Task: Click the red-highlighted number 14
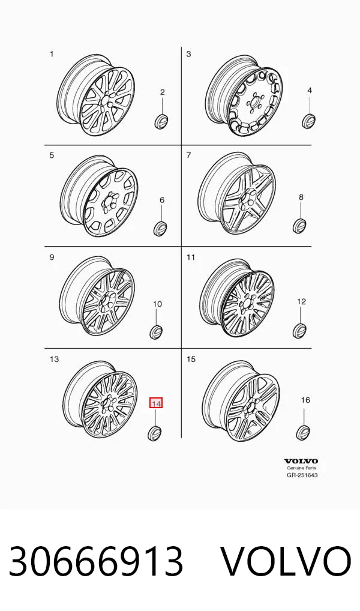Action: (x=156, y=403)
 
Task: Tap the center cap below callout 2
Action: (x=161, y=121)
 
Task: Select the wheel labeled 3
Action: (x=244, y=96)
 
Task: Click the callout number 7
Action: (x=188, y=155)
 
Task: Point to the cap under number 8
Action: (x=299, y=226)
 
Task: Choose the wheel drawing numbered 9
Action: (x=98, y=296)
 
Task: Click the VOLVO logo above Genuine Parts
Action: (x=301, y=462)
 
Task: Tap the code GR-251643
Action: (x=302, y=475)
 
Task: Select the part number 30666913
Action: (x=96, y=561)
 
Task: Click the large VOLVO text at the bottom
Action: (x=286, y=561)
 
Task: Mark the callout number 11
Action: (x=191, y=257)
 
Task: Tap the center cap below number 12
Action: (x=299, y=331)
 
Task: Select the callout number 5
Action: (x=52, y=155)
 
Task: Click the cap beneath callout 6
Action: (x=160, y=228)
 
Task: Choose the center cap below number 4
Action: (x=308, y=121)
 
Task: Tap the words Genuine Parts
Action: (x=302, y=468)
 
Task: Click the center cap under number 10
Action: (x=156, y=331)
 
